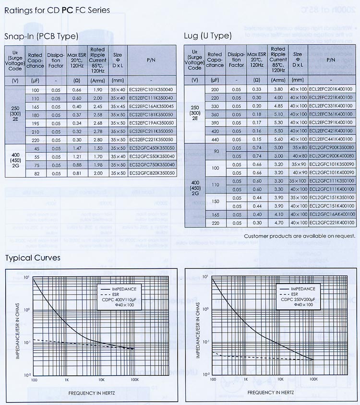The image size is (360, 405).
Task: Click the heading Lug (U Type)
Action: pos(208,36)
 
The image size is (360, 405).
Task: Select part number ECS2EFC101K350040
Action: pos(151,90)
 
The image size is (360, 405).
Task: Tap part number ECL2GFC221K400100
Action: pos(331,223)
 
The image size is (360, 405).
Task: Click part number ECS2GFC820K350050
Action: pos(151,173)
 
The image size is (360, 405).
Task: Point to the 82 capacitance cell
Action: pos(35,173)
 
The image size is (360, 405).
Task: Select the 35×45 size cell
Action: pos(118,106)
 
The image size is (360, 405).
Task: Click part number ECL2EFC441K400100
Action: pos(331,139)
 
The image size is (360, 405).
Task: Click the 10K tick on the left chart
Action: pos(101,379)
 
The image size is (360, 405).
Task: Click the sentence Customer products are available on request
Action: pos(300,236)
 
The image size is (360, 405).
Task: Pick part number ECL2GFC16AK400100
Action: pos(331,214)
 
